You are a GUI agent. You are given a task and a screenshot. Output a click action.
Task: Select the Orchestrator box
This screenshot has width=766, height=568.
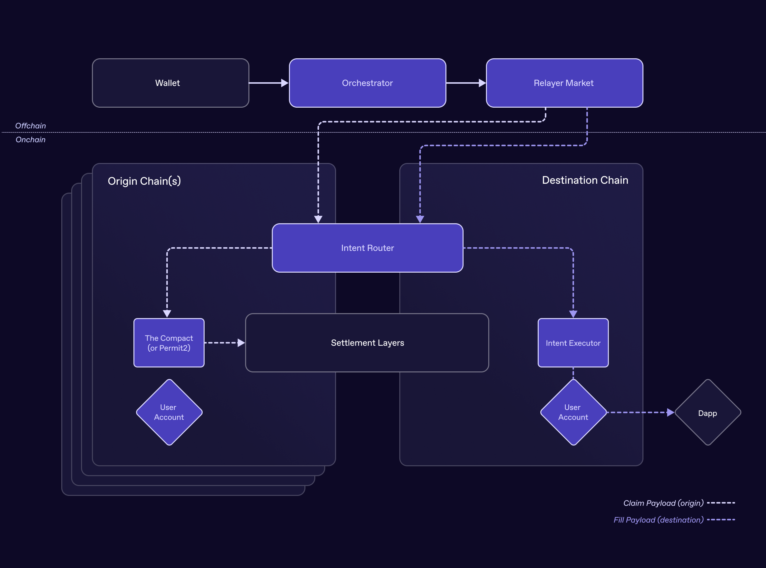point(367,83)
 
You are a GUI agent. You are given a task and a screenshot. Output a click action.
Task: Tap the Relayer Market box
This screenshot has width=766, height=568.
point(564,83)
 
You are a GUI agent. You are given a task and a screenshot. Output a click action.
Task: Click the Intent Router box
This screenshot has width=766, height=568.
point(367,248)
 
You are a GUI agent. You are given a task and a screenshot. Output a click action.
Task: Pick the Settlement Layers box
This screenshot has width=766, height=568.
point(367,343)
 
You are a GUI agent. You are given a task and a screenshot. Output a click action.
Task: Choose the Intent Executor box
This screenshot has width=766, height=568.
point(573,343)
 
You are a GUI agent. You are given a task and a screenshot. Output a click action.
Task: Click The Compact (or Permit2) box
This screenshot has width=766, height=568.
point(169,343)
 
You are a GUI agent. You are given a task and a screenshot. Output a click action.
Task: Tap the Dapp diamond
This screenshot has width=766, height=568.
point(708,413)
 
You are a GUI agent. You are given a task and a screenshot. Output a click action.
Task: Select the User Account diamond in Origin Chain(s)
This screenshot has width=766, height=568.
point(169,412)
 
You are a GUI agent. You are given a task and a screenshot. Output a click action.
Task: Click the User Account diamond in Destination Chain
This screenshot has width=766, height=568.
point(573,412)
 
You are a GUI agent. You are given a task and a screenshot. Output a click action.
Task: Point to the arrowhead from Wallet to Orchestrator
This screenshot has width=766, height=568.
point(285,83)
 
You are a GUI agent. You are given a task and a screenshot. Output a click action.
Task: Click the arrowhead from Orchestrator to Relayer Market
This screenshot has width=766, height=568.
point(482,83)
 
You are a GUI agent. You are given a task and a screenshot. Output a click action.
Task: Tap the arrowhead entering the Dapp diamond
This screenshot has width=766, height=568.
point(670,412)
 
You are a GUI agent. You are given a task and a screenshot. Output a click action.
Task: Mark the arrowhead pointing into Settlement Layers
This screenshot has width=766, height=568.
point(241,343)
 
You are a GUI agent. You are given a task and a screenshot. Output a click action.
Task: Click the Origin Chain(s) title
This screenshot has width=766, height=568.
point(144,181)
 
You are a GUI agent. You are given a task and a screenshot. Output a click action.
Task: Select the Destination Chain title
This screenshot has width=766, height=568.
point(585,180)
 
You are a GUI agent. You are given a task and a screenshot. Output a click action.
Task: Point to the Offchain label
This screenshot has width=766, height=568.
point(31,126)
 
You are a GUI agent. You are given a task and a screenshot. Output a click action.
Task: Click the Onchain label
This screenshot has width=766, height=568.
point(31,140)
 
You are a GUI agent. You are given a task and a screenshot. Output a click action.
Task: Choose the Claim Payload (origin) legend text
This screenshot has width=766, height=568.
point(663,503)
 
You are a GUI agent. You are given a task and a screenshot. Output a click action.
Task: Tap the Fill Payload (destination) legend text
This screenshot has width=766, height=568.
point(658,520)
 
